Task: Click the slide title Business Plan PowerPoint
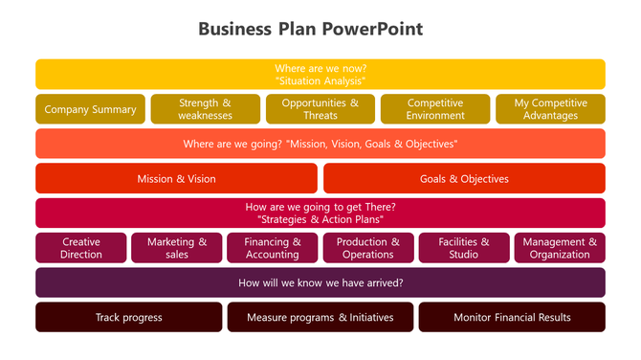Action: tap(310, 29)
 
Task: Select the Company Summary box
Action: tap(91, 109)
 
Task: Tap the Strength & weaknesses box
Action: tap(206, 109)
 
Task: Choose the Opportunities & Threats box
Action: tap(320, 109)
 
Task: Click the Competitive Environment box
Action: tap(435, 109)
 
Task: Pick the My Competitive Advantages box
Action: tap(550, 109)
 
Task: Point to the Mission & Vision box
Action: tap(176, 178)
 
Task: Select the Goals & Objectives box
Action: tap(464, 178)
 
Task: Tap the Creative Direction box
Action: tap(81, 248)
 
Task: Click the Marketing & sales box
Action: tap(177, 248)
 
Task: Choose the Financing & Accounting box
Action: tap(273, 248)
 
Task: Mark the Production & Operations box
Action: tap(368, 248)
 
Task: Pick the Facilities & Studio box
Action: tap(464, 248)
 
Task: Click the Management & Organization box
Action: tap(560, 248)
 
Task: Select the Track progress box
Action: tap(129, 317)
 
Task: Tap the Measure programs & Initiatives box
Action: tap(320, 317)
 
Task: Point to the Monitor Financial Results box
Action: tap(512, 317)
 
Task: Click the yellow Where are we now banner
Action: tap(320, 75)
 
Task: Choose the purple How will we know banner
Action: tap(320, 282)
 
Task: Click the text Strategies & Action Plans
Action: tap(320, 219)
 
